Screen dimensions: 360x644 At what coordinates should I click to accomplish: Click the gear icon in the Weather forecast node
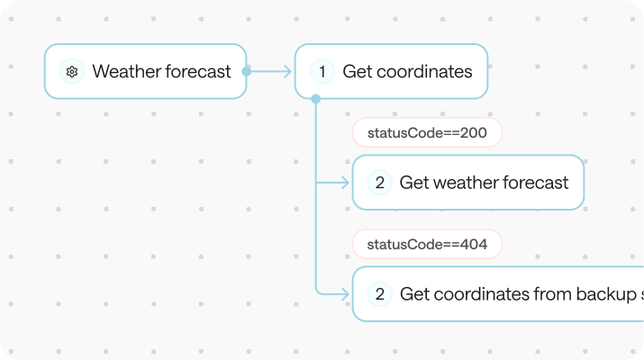[72, 72]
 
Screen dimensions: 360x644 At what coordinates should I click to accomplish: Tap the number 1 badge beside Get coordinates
[322, 72]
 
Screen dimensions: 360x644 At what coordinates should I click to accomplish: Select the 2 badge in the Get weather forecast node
[379, 183]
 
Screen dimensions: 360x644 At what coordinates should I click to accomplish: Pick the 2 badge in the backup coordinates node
[379, 293]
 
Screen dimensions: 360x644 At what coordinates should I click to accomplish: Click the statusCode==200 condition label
[426, 133]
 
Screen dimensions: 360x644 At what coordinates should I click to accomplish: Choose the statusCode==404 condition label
[426, 244]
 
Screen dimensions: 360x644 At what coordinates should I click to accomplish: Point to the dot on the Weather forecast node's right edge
[246, 71]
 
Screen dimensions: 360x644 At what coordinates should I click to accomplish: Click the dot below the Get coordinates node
[315, 98]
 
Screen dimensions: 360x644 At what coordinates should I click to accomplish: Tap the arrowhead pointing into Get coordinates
[288, 71]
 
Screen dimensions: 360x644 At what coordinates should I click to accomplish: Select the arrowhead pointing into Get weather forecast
[345, 183]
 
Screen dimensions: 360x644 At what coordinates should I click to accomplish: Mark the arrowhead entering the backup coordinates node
[345, 293]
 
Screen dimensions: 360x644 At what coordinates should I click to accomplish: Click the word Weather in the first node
[125, 72]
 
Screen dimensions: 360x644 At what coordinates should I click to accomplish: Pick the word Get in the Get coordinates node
[358, 72]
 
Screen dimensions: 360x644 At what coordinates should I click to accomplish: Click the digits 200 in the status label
[473, 133]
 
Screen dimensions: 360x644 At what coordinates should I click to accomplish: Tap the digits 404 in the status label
[473, 244]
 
